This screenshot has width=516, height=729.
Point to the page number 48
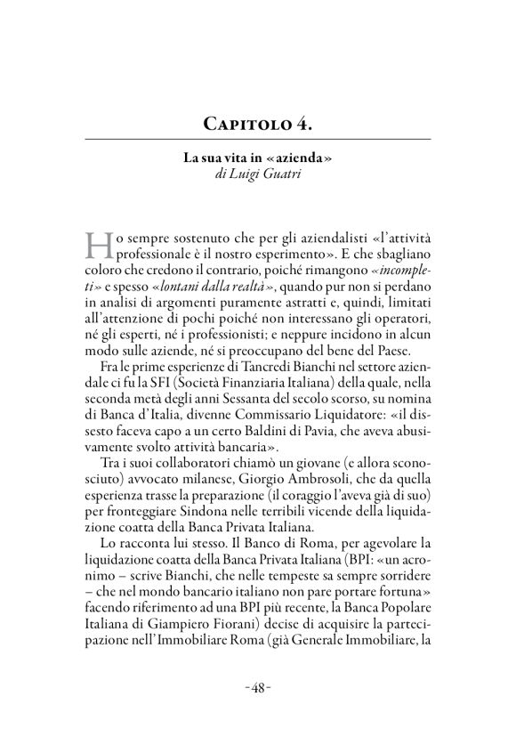[x=258, y=688]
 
